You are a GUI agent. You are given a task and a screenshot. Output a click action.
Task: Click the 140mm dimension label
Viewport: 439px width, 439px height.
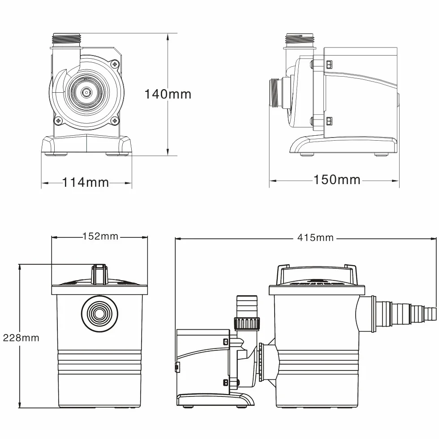pos(168,94)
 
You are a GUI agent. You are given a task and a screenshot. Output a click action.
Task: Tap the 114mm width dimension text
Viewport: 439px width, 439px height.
pos(86,183)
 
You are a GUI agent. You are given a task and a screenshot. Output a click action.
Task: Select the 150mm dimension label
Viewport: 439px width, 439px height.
pos(337,180)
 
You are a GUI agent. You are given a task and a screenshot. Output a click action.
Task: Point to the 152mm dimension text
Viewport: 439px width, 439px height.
pos(100,237)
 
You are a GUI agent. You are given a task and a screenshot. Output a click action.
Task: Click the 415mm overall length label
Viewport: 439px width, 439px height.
pos(315,238)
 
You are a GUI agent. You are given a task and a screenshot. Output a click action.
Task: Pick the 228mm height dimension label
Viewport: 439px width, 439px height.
pos(21,338)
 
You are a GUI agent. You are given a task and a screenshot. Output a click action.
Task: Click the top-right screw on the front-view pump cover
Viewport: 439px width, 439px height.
pos(115,64)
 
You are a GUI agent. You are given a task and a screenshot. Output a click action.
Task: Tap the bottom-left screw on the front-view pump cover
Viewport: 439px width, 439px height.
pos(58,121)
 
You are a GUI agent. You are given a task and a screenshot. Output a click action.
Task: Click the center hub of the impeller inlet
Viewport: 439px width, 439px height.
pos(86,92)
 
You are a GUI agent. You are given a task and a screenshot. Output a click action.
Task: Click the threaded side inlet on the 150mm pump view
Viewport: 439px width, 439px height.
pos(276,93)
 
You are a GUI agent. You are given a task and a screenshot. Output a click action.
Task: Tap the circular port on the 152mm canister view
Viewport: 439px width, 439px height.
pos(99,313)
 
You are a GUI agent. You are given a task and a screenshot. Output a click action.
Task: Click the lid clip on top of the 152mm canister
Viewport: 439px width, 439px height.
pos(99,274)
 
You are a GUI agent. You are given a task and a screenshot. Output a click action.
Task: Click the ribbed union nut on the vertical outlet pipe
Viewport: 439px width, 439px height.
pos(247,323)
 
